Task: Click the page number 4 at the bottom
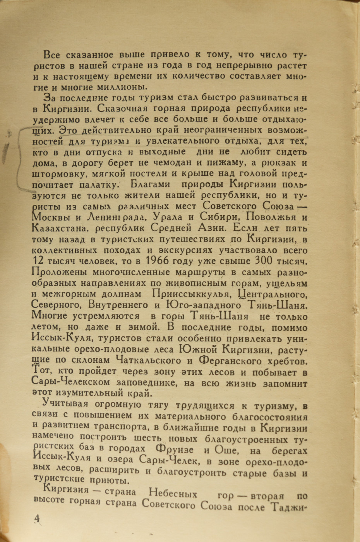pos(37,519)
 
